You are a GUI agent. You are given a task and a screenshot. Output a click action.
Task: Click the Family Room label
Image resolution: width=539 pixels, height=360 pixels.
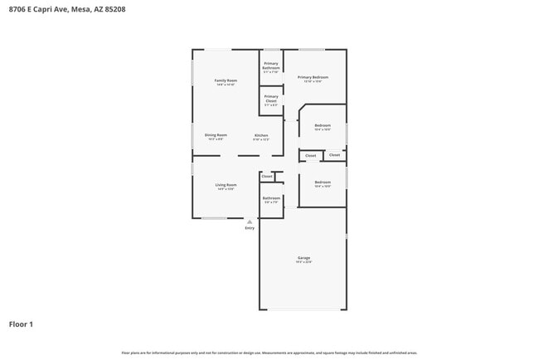pos(226,80)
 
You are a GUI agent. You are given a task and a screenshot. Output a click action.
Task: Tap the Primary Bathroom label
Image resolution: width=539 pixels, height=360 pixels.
pos(271,66)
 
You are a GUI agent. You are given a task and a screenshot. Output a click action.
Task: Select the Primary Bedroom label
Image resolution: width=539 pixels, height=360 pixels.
pos(313,77)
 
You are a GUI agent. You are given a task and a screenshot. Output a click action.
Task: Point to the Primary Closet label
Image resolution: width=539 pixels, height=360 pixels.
pos(271,100)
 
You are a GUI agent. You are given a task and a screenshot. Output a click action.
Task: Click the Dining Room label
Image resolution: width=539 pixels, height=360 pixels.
pos(216,134)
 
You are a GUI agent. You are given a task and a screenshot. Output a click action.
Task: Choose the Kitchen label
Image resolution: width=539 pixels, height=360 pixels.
pos(261,135)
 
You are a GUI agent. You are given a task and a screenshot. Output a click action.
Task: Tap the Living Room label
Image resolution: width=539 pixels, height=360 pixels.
pos(226,185)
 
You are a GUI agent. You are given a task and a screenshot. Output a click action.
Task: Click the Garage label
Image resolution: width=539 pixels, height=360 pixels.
pos(304,258)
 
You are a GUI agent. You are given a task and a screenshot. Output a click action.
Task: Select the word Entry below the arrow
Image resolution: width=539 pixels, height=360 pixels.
pos(250,228)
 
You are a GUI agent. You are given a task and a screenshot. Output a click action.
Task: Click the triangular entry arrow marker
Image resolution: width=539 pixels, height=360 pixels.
pos(250,221)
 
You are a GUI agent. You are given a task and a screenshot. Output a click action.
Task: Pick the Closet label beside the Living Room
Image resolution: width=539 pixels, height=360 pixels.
pos(267,176)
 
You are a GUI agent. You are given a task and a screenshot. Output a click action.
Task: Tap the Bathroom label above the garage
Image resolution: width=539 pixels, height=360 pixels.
pos(271,198)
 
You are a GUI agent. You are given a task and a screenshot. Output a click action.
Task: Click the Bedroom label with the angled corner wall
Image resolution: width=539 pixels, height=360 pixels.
pos(323,125)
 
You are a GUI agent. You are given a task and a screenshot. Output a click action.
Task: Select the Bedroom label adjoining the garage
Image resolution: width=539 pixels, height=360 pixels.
pos(323,182)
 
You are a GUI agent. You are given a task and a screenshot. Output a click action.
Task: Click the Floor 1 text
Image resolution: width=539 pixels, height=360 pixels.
pos(21,324)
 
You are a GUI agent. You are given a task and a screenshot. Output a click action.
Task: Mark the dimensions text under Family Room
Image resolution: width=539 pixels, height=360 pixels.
pos(226,85)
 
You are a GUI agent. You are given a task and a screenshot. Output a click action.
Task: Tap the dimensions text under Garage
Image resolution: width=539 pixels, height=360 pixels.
pos(304,262)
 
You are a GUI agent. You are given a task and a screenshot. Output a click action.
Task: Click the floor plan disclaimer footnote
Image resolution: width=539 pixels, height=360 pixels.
pos(269,353)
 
